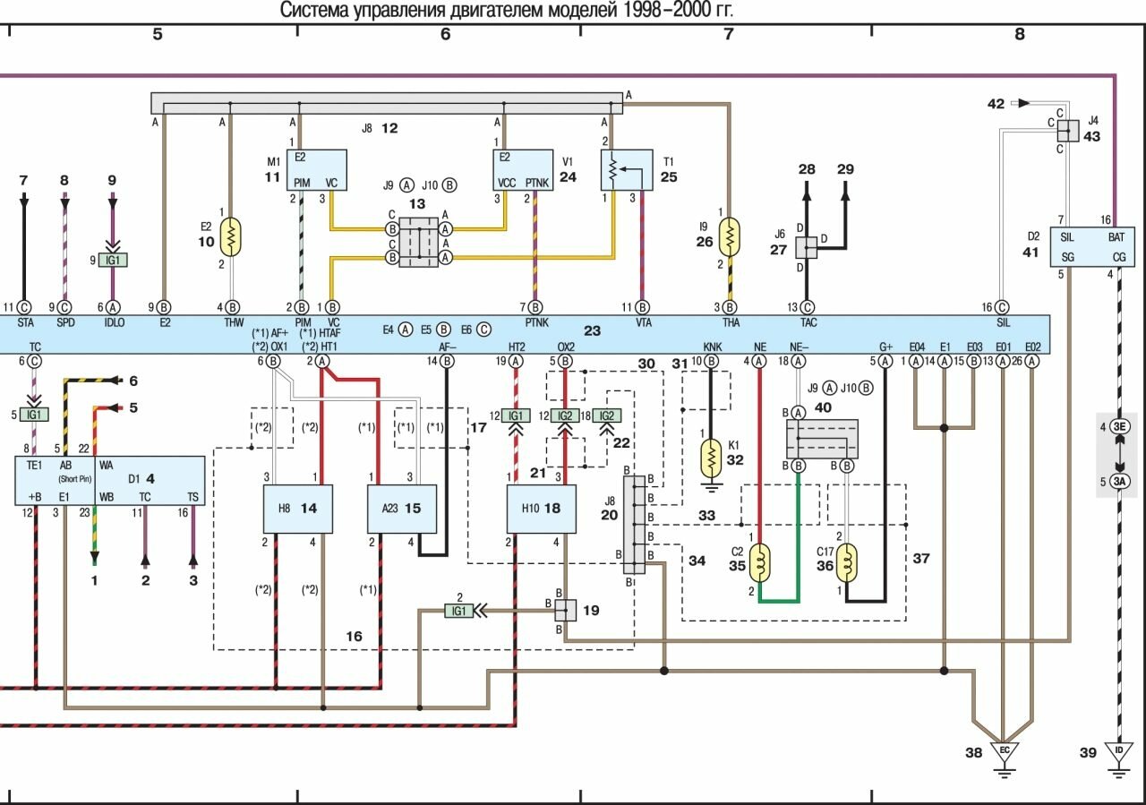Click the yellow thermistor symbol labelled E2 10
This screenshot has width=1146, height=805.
[x=232, y=236]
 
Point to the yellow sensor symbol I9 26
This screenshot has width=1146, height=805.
[x=731, y=236]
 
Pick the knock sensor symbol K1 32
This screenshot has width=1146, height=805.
[x=710, y=458]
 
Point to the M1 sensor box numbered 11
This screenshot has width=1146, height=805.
[x=317, y=170]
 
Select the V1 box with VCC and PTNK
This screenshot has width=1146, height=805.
[x=525, y=170]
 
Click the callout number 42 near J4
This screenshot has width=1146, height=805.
[x=996, y=104]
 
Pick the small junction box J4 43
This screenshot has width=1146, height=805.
[x=1068, y=130]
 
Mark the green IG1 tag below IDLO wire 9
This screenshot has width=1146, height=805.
[x=115, y=261]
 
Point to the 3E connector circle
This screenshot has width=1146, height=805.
[x=1118, y=427]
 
